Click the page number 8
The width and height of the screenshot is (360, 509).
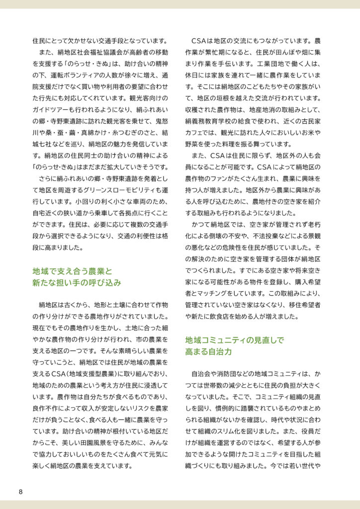[x=20, y=492]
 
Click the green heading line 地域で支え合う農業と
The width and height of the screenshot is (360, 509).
[x=72, y=271]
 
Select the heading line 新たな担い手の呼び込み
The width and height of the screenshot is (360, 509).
[x=77, y=283]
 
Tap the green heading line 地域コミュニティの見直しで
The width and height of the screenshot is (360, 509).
[x=234, y=340]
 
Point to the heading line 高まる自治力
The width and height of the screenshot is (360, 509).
[x=208, y=351]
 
